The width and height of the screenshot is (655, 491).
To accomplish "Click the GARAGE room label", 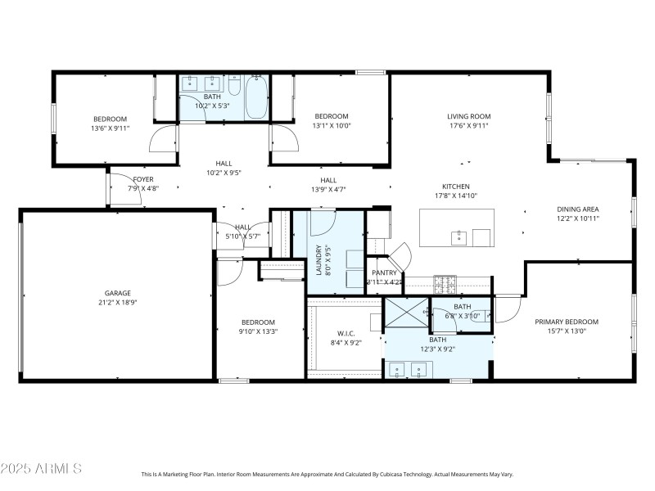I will pyautogui.click(x=117, y=293).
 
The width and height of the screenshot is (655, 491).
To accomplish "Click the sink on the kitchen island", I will pyautogui.click(x=459, y=238).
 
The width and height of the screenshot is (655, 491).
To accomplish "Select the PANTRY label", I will pyautogui.click(x=384, y=273).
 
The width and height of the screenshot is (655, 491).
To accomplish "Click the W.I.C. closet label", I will pyautogui.click(x=346, y=333).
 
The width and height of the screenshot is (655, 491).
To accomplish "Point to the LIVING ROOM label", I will pyautogui.click(x=468, y=116).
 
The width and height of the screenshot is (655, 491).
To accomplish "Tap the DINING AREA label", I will pyautogui.click(x=578, y=209).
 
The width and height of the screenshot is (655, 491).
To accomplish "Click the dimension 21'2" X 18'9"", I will pyautogui.click(x=117, y=303).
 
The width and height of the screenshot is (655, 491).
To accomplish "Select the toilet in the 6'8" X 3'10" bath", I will pyautogui.click(x=481, y=313).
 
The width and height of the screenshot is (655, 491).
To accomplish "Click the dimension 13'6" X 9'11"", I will pyautogui.click(x=109, y=128).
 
